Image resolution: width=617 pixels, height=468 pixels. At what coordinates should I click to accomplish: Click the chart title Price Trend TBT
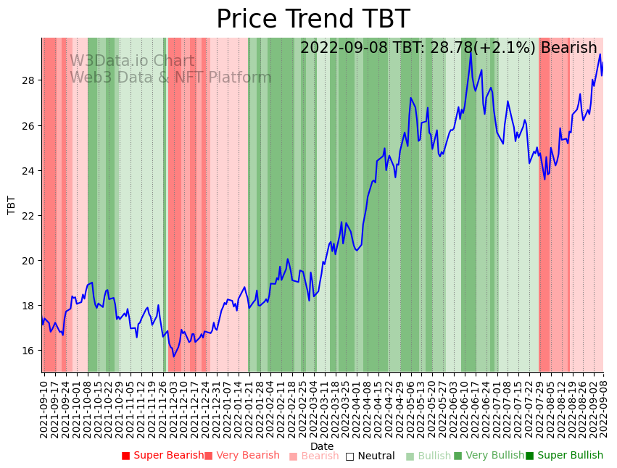click(x=312, y=20)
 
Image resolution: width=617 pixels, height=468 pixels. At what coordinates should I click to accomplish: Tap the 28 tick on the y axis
click(x=29, y=80)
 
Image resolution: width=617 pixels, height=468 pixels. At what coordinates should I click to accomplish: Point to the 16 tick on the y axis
click(x=29, y=351)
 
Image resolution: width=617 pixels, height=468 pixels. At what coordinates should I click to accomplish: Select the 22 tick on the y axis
click(x=29, y=215)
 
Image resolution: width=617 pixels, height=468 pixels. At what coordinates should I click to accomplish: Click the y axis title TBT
click(x=12, y=205)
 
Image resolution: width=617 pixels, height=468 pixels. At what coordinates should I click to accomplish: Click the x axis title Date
click(x=322, y=446)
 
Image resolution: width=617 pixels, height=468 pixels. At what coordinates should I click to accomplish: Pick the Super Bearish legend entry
click(x=162, y=456)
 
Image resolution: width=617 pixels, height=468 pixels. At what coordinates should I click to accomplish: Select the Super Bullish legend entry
click(x=564, y=456)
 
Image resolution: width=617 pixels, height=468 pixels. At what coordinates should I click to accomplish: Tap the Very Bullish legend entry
click(x=489, y=456)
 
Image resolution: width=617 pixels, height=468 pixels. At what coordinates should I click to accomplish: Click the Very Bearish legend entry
click(x=241, y=456)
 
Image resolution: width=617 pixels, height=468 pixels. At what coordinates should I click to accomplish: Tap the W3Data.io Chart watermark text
click(x=132, y=62)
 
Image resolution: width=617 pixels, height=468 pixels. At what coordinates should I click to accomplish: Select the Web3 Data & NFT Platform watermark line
click(x=170, y=78)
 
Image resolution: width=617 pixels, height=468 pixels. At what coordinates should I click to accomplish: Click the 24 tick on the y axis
click(x=29, y=170)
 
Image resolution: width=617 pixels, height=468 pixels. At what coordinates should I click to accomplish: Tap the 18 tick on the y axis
click(x=29, y=306)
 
